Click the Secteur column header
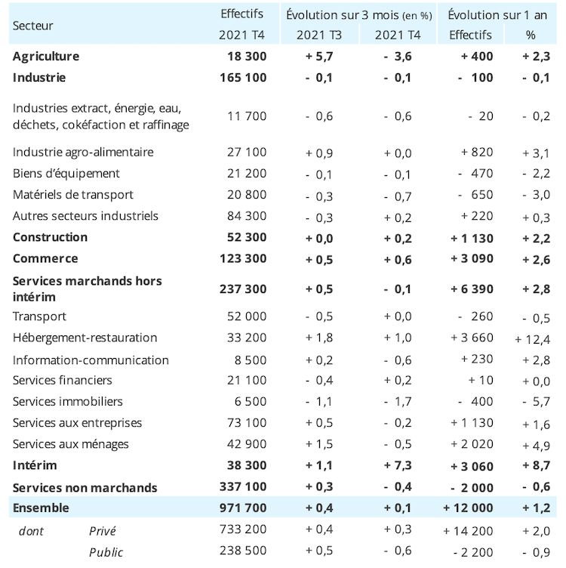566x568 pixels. pyautogui.click(x=32, y=26)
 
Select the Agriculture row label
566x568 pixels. pyautogui.click(x=46, y=57)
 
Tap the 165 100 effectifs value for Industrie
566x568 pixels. pyautogui.click(x=243, y=78)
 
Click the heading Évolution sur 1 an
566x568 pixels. pyautogui.click(x=497, y=15)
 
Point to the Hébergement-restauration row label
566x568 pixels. pyautogui.click(x=85, y=338)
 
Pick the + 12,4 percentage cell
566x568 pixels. pyautogui.click(x=532, y=339)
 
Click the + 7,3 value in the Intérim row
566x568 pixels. pyautogui.click(x=398, y=465)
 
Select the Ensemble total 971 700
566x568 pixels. pyautogui.click(x=243, y=508)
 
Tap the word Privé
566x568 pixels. pyautogui.click(x=103, y=531)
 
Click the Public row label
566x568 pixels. pyautogui.click(x=106, y=552)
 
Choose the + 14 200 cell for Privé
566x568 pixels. pyautogui.click(x=468, y=531)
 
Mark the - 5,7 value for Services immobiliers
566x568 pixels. pyautogui.click(x=537, y=401)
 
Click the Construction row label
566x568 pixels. pyautogui.click(x=50, y=237)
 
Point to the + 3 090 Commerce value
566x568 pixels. pyautogui.click(x=472, y=258)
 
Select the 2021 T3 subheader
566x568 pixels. pyautogui.click(x=319, y=35)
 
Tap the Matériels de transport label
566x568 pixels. pyautogui.click(x=73, y=195)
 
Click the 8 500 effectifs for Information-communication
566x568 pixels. pyautogui.click(x=251, y=360)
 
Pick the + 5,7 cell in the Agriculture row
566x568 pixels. pyautogui.click(x=319, y=57)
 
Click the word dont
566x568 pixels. pyautogui.click(x=31, y=531)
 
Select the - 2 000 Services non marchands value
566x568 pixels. pyautogui.click(x=472, y=488)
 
